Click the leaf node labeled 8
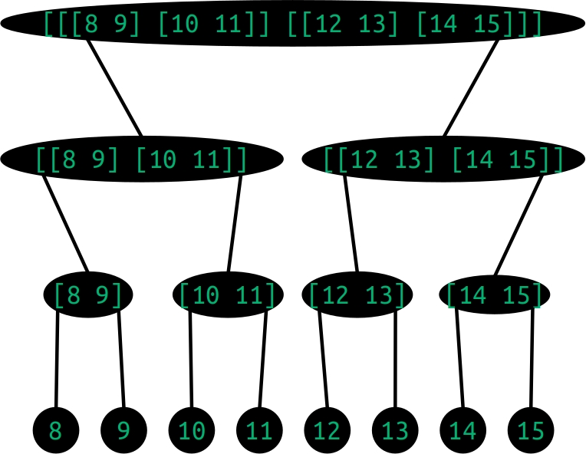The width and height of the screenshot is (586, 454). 56,430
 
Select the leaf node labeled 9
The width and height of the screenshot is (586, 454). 123,430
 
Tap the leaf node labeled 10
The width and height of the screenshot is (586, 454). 192,430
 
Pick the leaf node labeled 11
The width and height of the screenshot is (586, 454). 259,430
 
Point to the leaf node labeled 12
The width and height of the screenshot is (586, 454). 328,430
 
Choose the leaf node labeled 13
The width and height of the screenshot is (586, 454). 395,430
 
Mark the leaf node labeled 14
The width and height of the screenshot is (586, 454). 463,430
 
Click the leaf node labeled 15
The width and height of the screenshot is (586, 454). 531,430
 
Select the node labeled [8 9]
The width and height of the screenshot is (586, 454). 89,294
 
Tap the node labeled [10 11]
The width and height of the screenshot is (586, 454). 228,294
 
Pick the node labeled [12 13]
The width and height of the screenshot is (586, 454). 357,294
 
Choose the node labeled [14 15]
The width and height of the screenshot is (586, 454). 495,294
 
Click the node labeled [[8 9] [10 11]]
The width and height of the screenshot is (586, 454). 142,160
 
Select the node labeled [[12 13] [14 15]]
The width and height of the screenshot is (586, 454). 443,160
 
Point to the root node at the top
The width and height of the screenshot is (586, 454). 293,24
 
